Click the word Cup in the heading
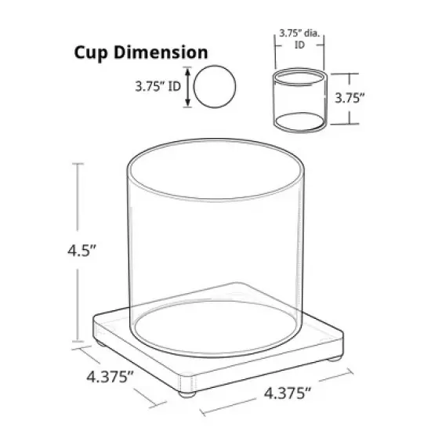point(92,53)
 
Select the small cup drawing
point(299,101)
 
